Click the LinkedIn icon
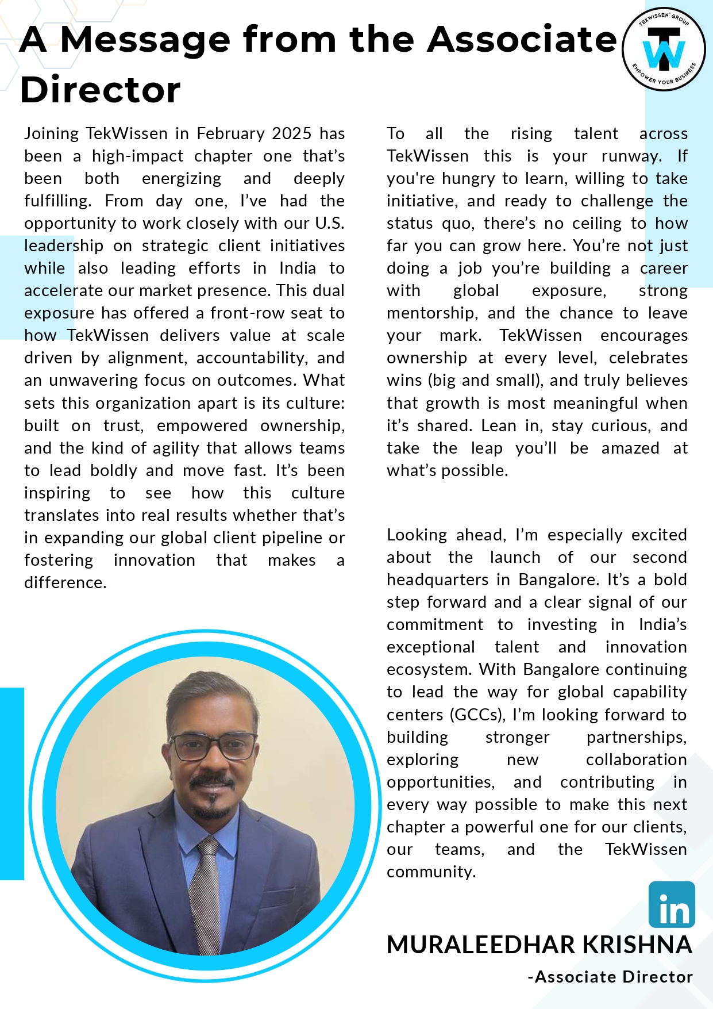point(671,904)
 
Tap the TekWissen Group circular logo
point(664,49)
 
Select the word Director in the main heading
point(100,90)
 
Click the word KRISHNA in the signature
point(637,945)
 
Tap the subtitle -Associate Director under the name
point(610,977)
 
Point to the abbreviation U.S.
point(329,224)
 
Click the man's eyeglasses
point(213,746)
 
